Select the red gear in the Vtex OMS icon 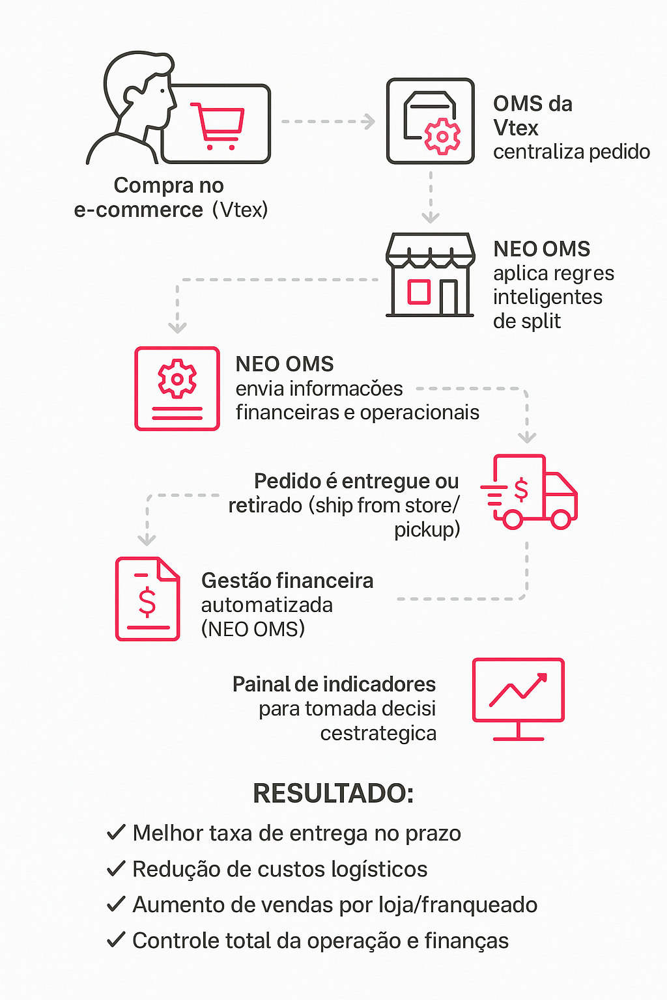(x=442, y=137)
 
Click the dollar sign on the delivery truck (x=521, y=490)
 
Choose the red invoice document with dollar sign (x=148, y=599)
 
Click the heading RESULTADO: (x=333, y=794)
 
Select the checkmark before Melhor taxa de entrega (x=116, y=832)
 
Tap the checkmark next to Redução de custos (x=116, y=868)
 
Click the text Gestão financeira (x=287, y=581)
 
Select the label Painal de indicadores (x=334, y=684)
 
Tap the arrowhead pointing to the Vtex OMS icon (x=370, y=122)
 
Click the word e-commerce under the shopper (x=138, y=210)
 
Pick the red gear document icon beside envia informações (x=177, y=389)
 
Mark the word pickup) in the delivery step (x=427, y=530)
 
